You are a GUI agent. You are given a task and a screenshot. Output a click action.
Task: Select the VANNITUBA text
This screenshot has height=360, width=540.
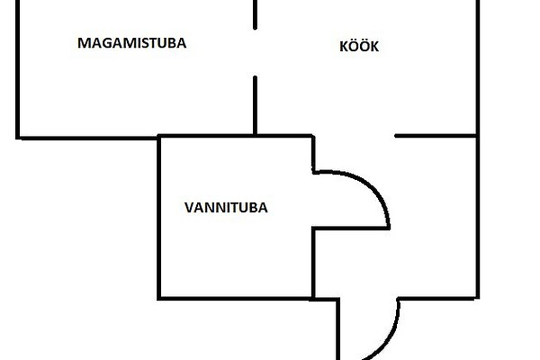point(226,206)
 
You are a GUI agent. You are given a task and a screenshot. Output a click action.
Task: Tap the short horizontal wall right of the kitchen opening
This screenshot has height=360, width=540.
point(436,136)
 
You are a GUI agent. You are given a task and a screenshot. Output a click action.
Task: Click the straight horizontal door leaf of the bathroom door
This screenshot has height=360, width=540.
point(351,227)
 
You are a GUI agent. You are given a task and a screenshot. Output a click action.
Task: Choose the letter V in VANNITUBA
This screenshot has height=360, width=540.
point(188,206)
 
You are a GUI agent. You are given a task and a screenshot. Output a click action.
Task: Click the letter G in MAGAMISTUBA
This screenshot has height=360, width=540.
point(107,42)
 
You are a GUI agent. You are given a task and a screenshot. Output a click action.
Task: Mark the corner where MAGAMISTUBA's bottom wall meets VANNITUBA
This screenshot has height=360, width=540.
point(159,137)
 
